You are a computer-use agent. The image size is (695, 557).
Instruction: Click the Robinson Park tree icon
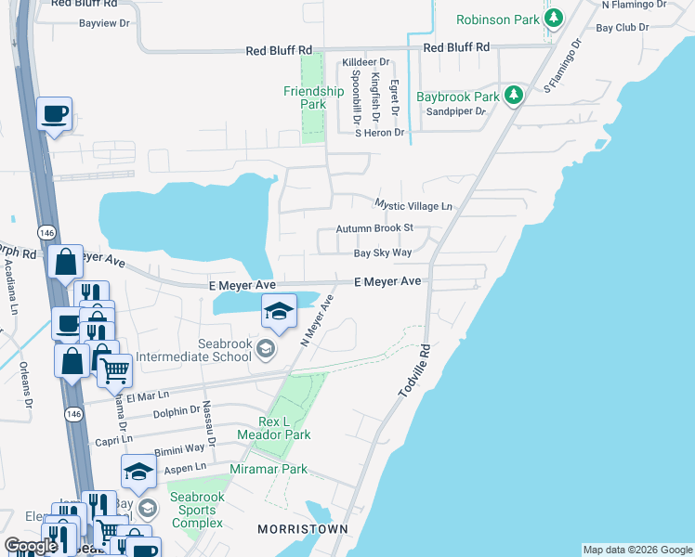pyautogui.click(x=555, y=19)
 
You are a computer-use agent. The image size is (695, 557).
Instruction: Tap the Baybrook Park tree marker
pyautogui.click(x=512, y=96)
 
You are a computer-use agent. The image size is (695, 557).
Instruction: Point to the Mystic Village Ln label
pyautogui.click(x=413, y=205)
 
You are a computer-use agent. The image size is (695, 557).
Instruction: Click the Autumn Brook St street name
pyautogui.click(x=374, y=228)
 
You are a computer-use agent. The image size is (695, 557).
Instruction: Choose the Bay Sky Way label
pyautogui.click(x=382, y=253)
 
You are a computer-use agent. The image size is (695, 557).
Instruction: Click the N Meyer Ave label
pyautogui.click(x=316, y=321)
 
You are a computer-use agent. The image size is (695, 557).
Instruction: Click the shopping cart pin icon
pyautogui.click(x=114, y=370)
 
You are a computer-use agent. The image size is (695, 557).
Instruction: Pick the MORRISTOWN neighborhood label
pyautogui.click(x=302, y=529)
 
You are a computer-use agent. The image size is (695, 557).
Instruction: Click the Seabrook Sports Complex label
pyautogui.click(x=197, y=511)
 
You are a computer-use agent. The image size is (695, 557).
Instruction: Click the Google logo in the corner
pyautogui.click(x=31, y=546)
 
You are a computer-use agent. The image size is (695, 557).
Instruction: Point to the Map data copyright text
pyautogui.click(x=636, y=550)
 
